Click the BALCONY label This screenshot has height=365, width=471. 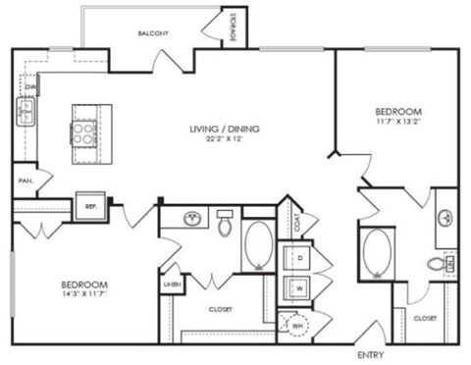tap(153, 33)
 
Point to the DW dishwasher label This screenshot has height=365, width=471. tap(30, 87)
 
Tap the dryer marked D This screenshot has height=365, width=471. tap(298, 258)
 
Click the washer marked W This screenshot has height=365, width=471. tap(298, 288)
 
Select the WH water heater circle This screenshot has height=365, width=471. tap(296, 323)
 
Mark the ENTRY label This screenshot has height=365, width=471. tap(370, 354)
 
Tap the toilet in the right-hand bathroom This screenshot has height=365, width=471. tap(438, 264)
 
